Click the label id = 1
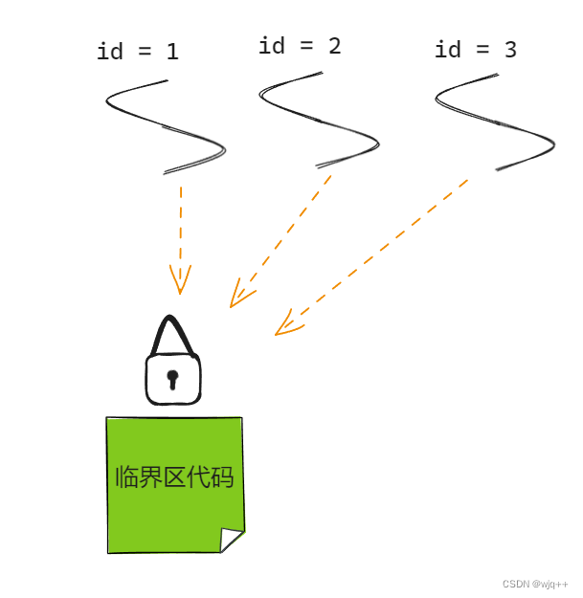click(x=138, y=52)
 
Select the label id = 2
click(x=300, y=46)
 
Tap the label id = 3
click(x=475, y=50)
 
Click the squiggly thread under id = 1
click(x=165, y=126)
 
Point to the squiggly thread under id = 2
click(x=319, y=122)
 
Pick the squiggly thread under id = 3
click(x=495, y=124)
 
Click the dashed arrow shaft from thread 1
click(x=180, y=225)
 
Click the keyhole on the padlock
click(x=172, y=379)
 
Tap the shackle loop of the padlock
click(x=172, y=335)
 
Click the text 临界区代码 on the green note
click(x=174, y=476)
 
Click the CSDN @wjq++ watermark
click(x=535, y=584)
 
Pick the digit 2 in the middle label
click(x=333, y=46)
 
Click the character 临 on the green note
click(x=126, y=476)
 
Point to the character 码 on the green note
click(x=222, y=476)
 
